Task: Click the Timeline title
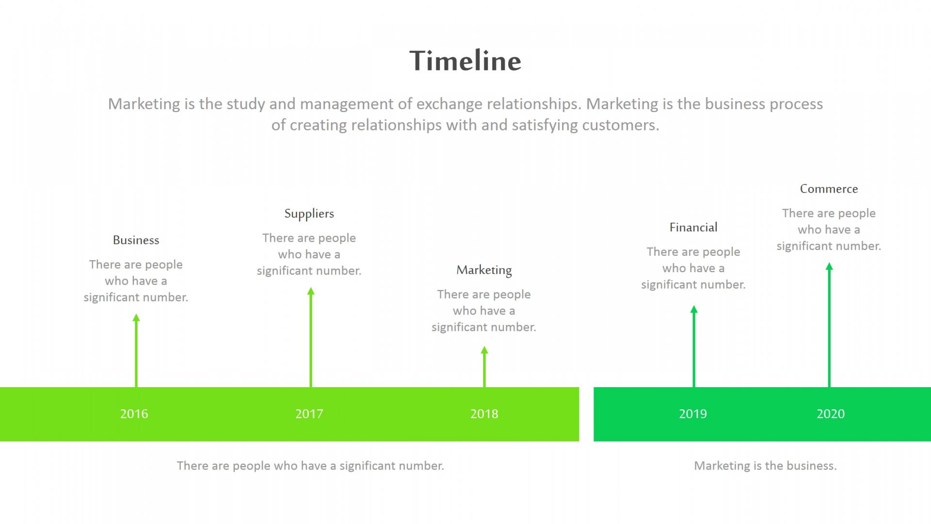pos(465,61)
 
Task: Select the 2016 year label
pos(134,414)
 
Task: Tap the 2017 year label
pos(309,414)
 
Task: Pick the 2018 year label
pos(484,414)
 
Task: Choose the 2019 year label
pos(693,414)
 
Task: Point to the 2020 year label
pos(831,414)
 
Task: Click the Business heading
pos(136,240)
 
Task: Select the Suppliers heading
pos(309,214)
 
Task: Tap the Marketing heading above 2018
pos(484,270)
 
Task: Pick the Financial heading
pos(693,228)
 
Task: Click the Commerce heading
pos(829,189)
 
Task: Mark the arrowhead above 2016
pos(136,317)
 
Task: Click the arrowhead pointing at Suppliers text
pos(311,291)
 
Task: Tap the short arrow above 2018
pos(484,367)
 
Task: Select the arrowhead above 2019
pos(694,309)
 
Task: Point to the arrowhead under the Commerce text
pos(829,266)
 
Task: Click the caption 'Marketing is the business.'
pos(765,466)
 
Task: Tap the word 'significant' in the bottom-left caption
pos(367,466)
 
